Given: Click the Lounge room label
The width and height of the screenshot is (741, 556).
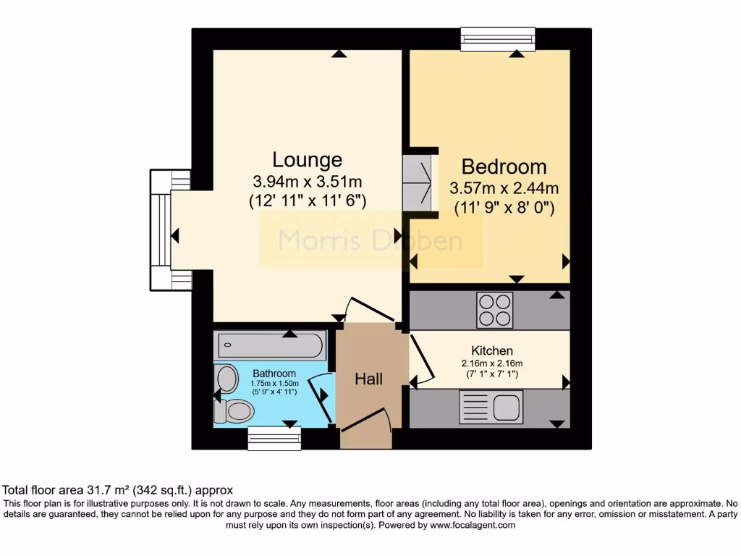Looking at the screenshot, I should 307,159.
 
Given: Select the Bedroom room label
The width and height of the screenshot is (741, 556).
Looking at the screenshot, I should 504,167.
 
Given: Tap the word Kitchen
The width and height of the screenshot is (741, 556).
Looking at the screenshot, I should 492,350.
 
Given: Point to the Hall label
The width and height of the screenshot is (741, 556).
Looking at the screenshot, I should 368,379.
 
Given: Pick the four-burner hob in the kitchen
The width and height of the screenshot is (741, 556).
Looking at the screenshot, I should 494,310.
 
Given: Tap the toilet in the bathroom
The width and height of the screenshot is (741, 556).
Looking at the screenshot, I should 232,410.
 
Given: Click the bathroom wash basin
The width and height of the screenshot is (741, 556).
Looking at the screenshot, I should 227,379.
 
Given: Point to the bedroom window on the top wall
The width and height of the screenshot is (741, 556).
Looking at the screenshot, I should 498,38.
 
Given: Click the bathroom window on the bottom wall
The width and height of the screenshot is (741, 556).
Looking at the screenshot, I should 274,439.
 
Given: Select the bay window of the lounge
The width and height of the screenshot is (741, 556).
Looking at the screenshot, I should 161,229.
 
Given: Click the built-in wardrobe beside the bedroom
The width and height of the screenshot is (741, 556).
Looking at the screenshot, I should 420,184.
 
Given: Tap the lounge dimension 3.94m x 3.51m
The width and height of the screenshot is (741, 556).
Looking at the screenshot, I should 307,181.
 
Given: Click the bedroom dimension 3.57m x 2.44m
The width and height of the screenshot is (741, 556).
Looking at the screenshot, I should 504,188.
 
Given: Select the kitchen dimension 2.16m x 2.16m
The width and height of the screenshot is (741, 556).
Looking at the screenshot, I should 492,363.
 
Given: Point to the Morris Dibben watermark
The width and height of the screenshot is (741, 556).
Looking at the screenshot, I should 370,240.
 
